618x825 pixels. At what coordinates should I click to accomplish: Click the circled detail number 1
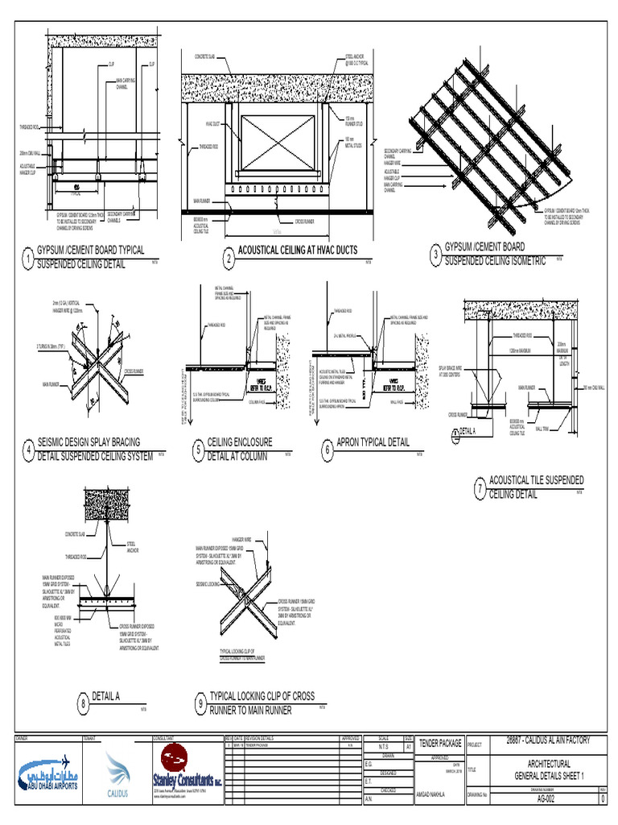click(27, 259)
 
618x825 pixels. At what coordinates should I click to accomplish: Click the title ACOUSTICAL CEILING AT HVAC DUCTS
click(297, 251)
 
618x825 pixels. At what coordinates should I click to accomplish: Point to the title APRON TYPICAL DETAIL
click(373, 442)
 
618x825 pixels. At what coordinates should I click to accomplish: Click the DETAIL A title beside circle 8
click(106, 696)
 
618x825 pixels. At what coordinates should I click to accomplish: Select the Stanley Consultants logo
click(188, 774)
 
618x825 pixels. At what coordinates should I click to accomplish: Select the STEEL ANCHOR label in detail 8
click(132, 548)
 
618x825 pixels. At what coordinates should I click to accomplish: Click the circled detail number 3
click(435, 255)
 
